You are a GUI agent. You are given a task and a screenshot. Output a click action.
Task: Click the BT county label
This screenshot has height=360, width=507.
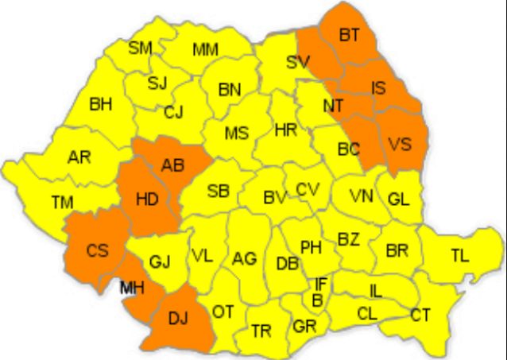tap(349, 35)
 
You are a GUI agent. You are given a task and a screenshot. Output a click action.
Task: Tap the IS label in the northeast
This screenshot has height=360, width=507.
tap(378, 89)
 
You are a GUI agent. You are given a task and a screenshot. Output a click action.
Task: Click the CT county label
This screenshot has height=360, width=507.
tap(420, 315)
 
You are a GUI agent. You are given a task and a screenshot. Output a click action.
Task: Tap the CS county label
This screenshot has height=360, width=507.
tap(98, 251)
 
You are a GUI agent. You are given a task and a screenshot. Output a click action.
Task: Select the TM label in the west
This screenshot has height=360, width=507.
tap(62, 203)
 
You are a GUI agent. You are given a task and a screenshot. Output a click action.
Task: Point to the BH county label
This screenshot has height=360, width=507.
tap(100, 103)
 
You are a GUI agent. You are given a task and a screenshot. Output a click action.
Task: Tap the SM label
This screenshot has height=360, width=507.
tap(140, 48)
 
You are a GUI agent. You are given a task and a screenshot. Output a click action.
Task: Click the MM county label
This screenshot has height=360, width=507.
tap(205, 50)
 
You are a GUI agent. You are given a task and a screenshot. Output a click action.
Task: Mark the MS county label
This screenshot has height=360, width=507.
tap(236, 133)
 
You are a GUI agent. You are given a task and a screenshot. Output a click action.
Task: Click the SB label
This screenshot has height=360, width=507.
tap(219, 191)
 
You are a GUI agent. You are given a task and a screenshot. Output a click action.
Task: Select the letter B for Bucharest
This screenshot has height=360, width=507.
tap(317, 300)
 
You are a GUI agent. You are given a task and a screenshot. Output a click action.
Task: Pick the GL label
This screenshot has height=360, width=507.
tap(399, 199)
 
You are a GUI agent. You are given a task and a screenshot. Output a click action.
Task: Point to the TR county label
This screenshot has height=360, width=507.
tap(261, 331)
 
